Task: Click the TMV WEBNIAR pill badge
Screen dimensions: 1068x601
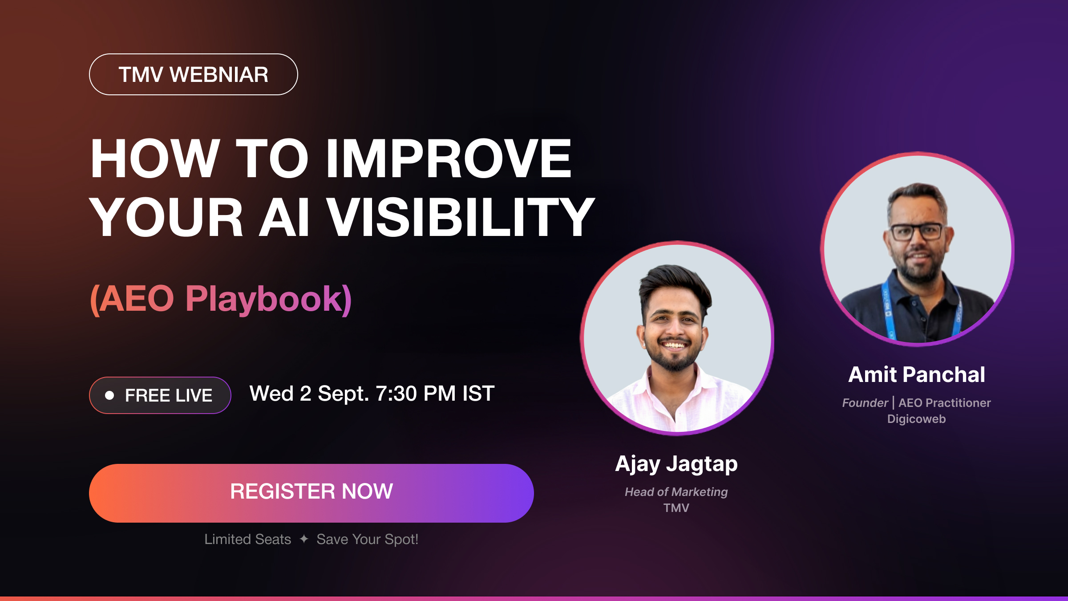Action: coord(194,74)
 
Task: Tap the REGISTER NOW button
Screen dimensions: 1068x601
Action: coord(311,493)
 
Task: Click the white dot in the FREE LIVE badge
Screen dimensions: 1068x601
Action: coord(109,395)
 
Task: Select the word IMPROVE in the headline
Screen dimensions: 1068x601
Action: coord(449,158)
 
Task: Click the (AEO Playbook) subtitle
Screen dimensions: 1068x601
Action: coord(221,299)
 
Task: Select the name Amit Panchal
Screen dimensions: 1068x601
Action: coord(917,374)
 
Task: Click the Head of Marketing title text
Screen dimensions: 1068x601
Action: coord(676,492)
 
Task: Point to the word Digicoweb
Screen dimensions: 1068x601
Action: coord(917,419)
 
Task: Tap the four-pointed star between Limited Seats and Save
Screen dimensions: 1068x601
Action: coord(304,539)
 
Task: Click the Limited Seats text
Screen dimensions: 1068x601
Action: coord(248,539)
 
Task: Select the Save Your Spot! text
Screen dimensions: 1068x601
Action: coord(368,540)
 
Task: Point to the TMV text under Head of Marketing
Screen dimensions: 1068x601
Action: coord(676,508)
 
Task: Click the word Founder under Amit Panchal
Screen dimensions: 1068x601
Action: coord(865,403)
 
